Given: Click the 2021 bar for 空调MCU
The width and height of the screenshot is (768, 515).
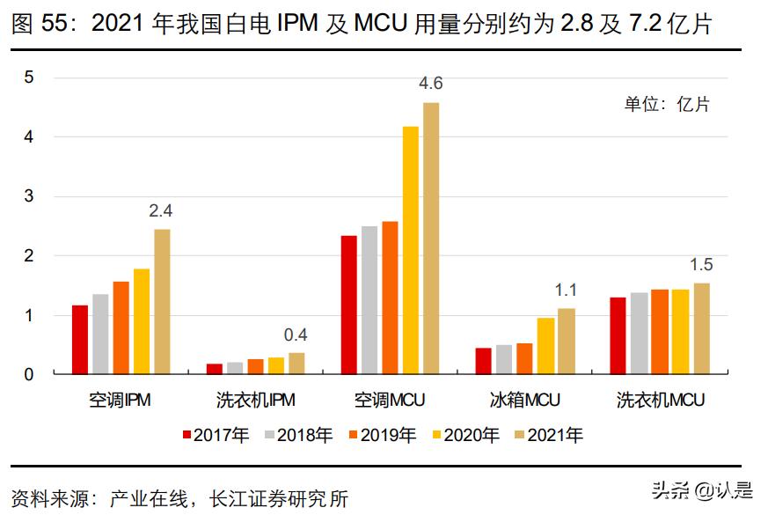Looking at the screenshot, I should [x=431, y=238].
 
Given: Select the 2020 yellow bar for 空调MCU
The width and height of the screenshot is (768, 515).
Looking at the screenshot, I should [x=411, y=250].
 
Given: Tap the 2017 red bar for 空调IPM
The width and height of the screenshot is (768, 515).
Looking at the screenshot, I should [x=80, y=339].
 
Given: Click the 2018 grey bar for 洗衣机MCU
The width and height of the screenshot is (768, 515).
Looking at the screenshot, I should [x=639, y=333].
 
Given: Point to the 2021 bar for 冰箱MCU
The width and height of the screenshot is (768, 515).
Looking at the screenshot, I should [x=566, y=341].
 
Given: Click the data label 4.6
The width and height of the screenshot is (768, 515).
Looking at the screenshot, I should [x=431, y=84].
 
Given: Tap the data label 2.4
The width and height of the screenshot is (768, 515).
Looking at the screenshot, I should [x=161, y=210].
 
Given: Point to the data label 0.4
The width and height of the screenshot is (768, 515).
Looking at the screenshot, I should [x=296, y=335].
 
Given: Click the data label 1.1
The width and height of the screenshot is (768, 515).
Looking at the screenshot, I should [x=566, y=290].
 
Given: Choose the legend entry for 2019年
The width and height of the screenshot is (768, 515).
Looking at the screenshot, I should [x=384, y=434].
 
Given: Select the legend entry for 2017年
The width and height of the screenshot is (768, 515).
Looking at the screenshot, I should [x=216, y=434].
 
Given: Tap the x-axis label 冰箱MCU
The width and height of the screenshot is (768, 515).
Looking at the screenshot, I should [x=524, y=401].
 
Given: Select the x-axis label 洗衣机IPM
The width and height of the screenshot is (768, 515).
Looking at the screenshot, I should [x=255, y=401].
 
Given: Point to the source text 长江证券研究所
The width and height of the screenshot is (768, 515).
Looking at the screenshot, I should [x=278, y=499].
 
